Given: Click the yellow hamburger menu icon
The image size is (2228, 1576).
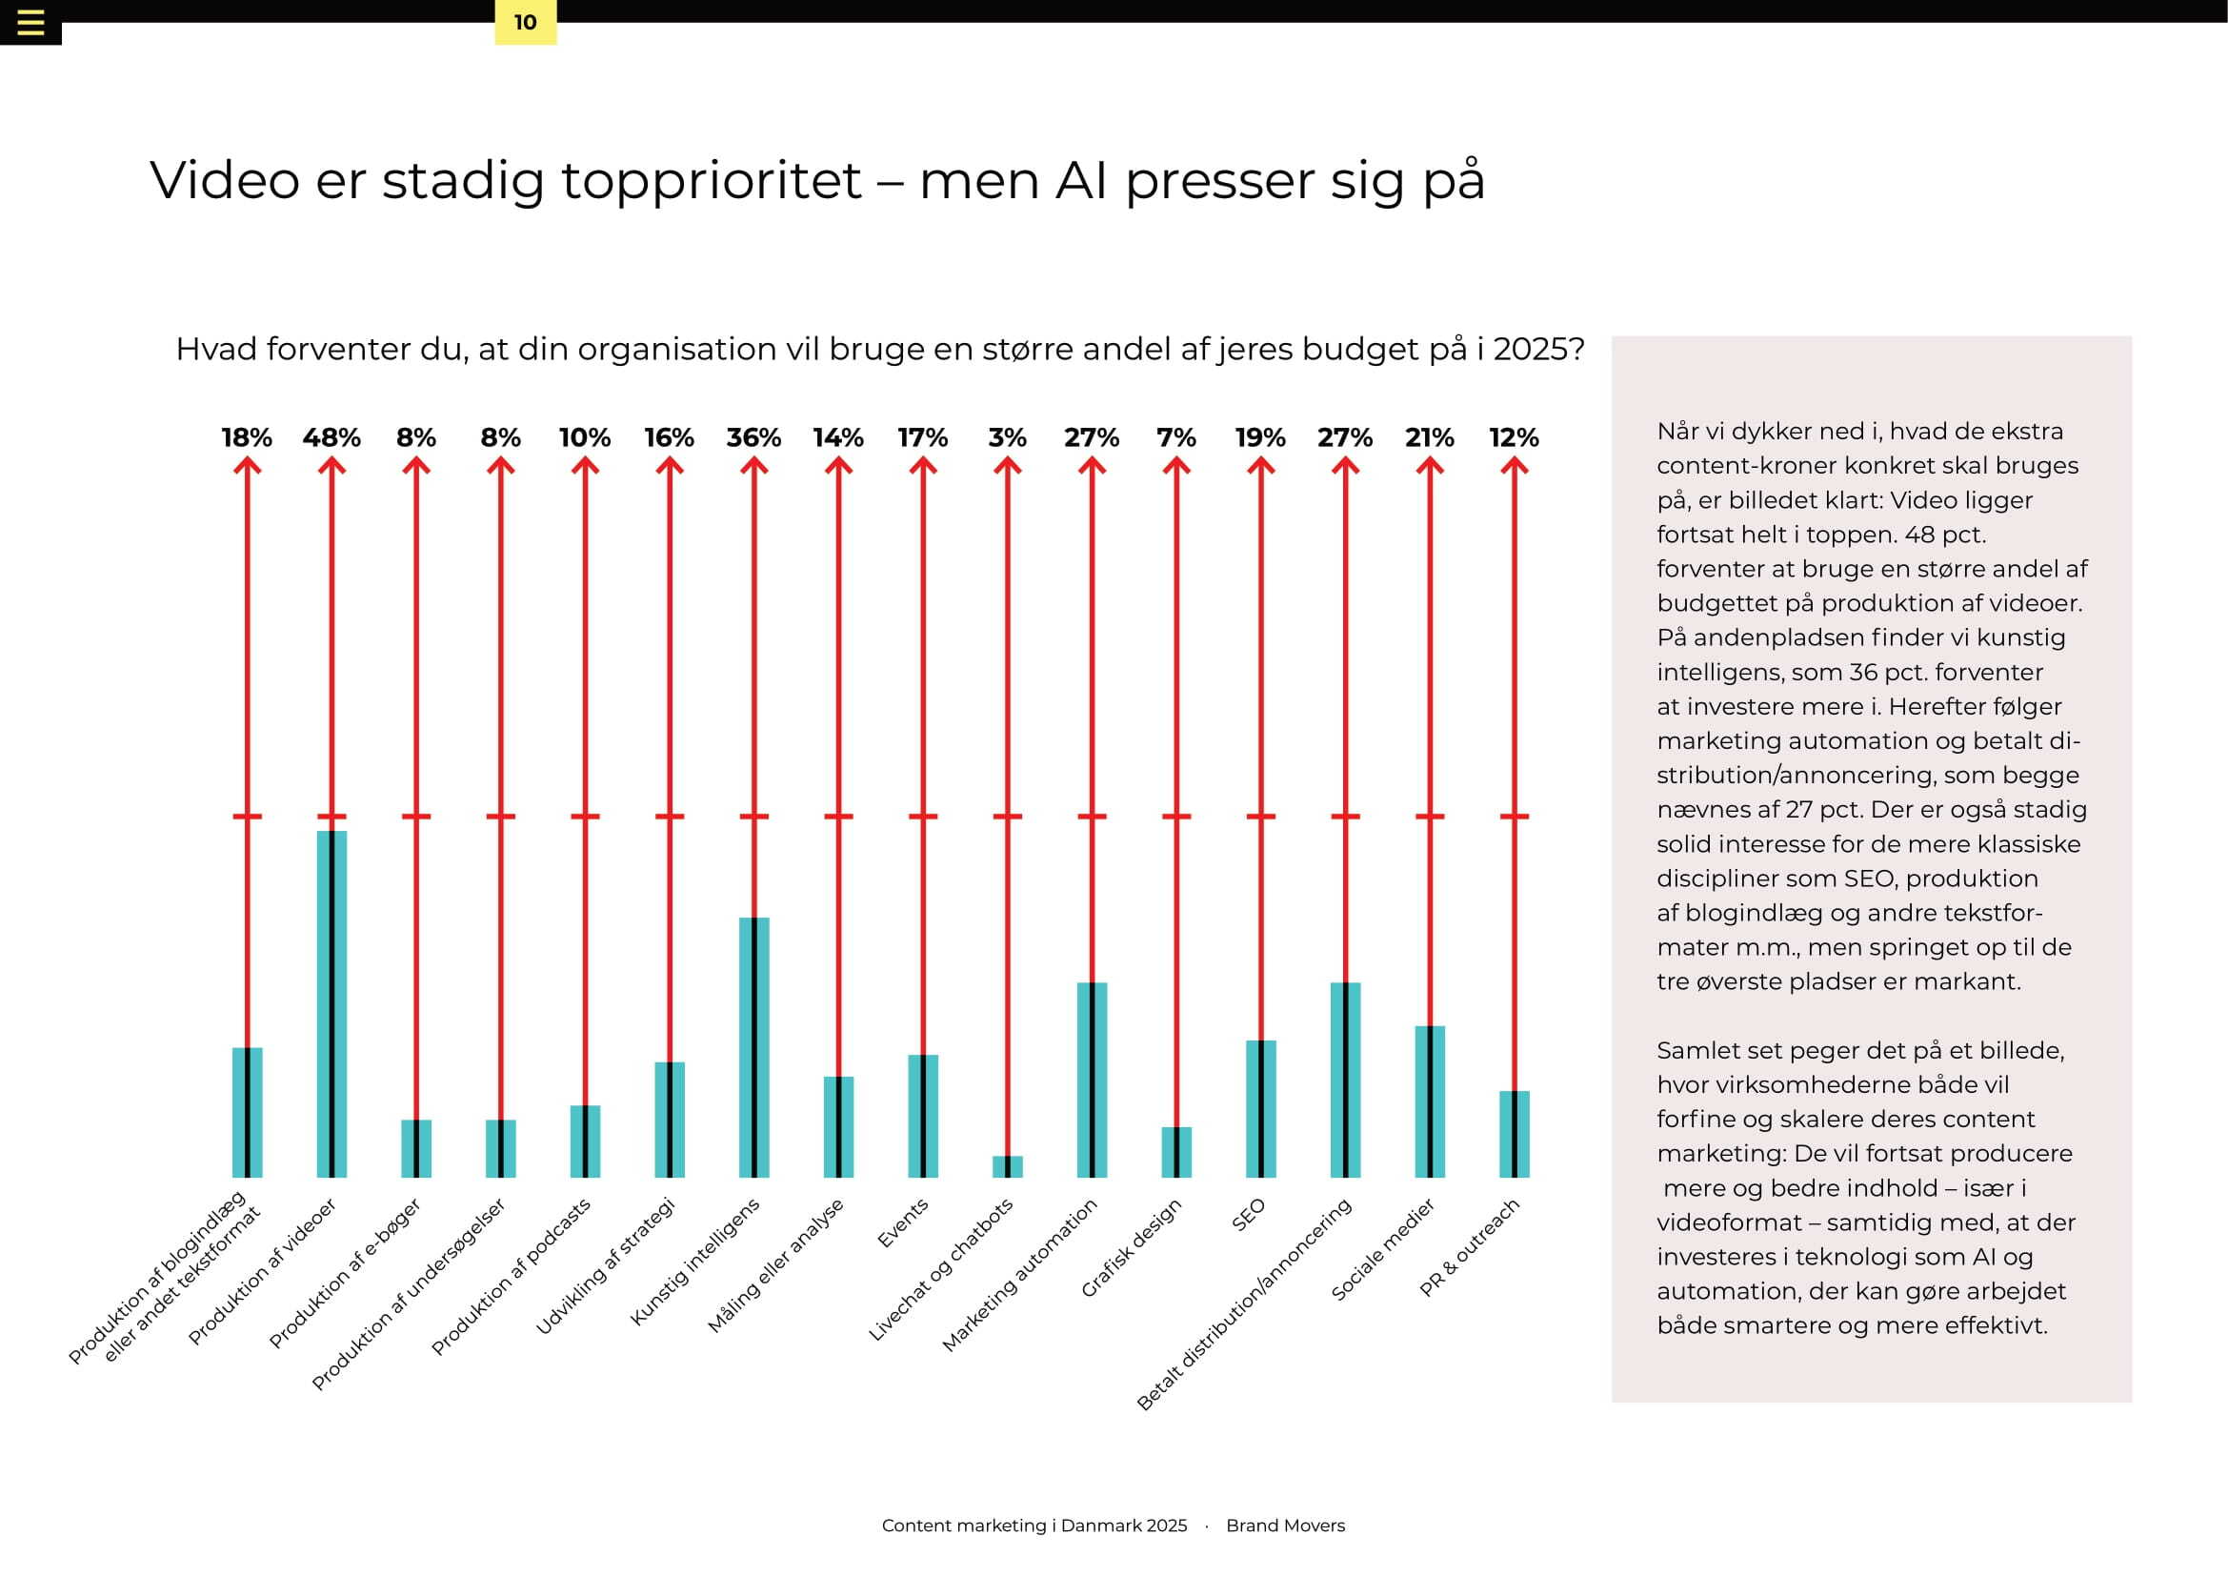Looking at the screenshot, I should point(30,22).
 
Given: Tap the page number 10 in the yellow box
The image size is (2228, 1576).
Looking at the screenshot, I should point(525,22).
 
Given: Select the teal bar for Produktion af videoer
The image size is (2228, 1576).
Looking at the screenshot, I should point(331,1003).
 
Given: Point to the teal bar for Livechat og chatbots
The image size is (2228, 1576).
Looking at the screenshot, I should point(1007,1166).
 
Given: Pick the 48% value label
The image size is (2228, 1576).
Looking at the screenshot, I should point(331,437).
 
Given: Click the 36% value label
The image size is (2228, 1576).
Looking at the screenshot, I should point(754,437).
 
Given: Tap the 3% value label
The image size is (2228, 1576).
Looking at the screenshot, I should point(1007,437).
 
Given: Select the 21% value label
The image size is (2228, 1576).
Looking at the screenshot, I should point(1430,437).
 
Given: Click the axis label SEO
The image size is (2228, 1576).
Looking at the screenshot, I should point(1249,1215).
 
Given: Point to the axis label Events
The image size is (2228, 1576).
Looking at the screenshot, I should point(902,1223).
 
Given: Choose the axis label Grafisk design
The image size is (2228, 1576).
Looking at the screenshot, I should point(1132,1248).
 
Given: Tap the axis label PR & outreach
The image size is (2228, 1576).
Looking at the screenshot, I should point(1469,1247).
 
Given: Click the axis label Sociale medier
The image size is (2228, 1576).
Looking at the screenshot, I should point(1383,1250).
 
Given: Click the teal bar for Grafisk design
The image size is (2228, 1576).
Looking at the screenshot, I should point(1176,1152).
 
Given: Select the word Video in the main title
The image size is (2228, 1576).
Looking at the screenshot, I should point(225,180).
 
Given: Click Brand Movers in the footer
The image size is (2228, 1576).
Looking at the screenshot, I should point(1286,1525).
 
